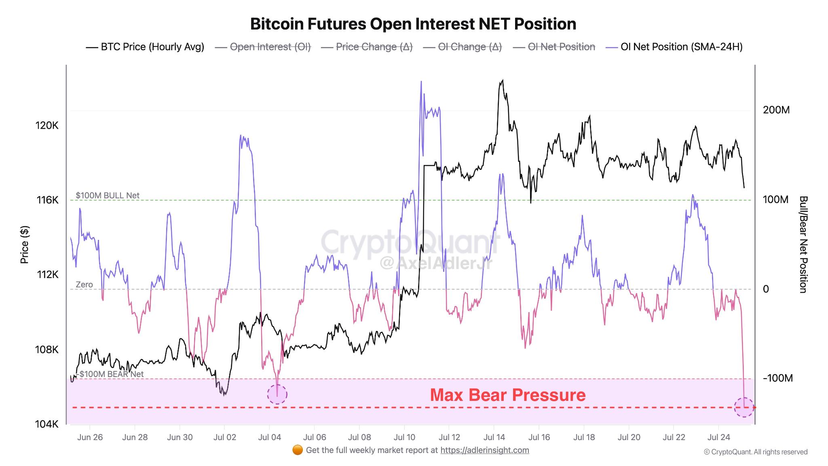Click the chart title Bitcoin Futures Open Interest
413,24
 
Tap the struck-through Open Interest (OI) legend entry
270,47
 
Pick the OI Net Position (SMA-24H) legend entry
681,47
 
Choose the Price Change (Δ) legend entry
374,47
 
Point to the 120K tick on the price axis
47,125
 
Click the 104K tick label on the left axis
47,424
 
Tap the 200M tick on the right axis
776,110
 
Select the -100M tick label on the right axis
777,378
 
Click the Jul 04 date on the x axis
269,437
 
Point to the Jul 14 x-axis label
494,437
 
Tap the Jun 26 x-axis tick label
90,437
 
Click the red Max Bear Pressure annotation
507,395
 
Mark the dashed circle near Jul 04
277,394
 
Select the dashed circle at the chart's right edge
744,407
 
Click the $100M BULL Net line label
108,195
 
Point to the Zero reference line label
84,285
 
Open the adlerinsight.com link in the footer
484,450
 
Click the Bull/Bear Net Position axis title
803,244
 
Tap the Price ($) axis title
25,244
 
